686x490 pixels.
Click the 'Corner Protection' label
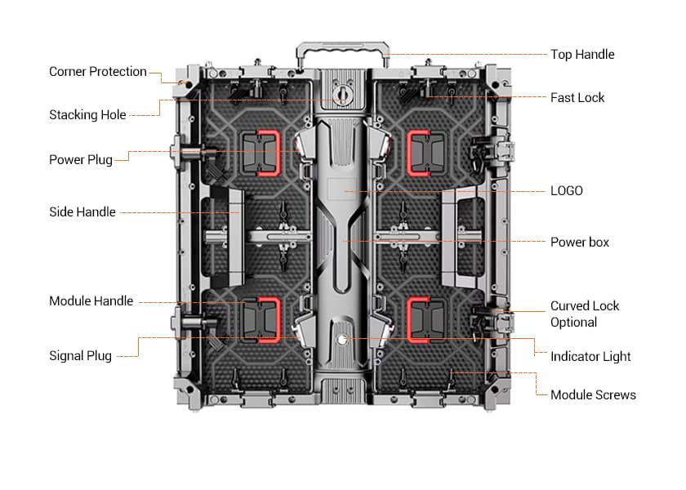(x=97, y=72)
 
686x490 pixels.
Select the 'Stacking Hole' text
(x=87, y=115)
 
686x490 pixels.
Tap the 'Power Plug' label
(x=80, y=159)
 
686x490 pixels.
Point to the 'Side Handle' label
(x=82, y=212)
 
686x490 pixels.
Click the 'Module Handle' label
(x=91, y=301)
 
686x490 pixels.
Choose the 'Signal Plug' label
(x=80, y=356)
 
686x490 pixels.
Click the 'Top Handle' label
(x=581, y=55)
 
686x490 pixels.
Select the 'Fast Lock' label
(x=577, y=98)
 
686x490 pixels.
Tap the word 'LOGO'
(x=566, y=191)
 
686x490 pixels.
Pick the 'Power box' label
(x=579, y=243)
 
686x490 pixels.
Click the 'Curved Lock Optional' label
(x=584, y=314)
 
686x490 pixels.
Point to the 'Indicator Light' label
(x=590, y=357)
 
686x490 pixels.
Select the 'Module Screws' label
(x=592, y=395)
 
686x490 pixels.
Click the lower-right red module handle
(x=423, y=318)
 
